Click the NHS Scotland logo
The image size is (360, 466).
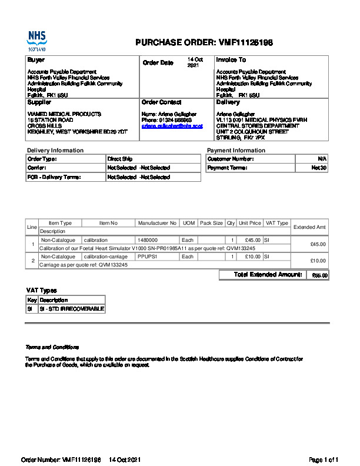(36, 41)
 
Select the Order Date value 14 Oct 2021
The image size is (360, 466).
(195, 62)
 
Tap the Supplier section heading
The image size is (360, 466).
(39, 102)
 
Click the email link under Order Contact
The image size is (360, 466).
(172, 126)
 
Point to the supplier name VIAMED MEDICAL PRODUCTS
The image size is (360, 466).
(64, 114)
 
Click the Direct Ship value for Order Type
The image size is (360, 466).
(119, 159)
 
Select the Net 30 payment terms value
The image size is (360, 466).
(319, 168)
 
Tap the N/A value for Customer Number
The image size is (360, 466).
(322, 159)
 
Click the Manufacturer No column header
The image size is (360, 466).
(157, 223)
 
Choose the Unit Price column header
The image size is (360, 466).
(250, 223)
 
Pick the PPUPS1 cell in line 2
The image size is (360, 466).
(147, 257)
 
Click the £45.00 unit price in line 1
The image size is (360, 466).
(253, 240)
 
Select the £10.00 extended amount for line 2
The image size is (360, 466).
(318, 261)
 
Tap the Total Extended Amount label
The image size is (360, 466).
(268, 275)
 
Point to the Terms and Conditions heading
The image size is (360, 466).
(52, 347)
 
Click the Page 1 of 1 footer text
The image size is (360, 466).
(324, 459)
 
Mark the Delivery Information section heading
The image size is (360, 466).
(55, 151)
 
